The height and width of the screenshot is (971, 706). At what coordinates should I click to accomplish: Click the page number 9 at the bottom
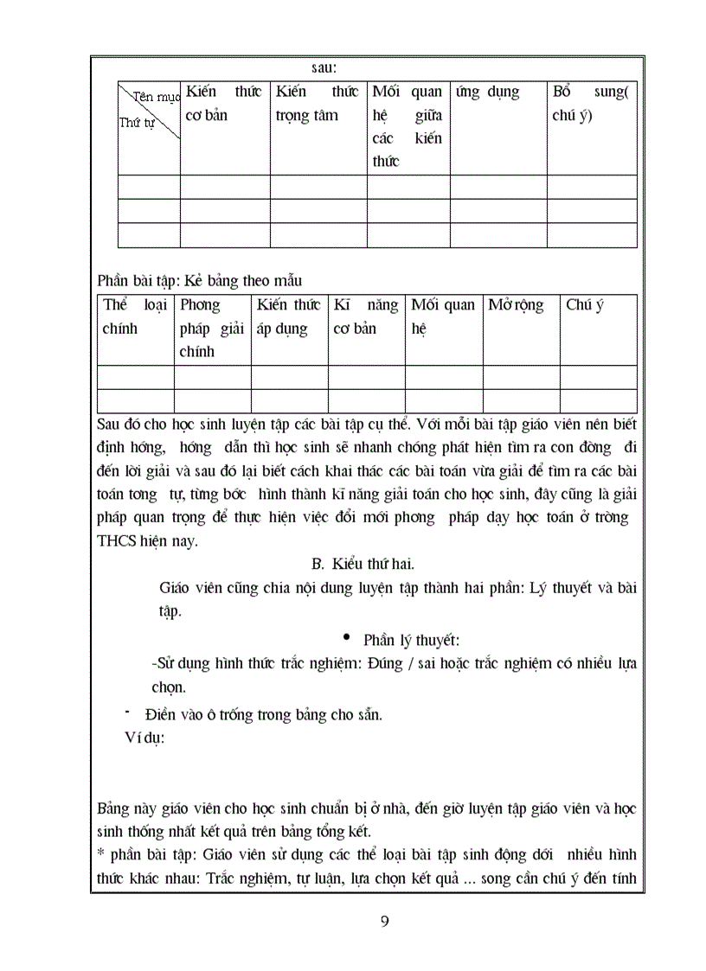click(x=384, y=920)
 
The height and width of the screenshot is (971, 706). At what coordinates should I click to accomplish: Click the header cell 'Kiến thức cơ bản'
click(x=224, y=104)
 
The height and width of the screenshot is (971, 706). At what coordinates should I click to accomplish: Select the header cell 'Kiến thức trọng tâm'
click(x=318, y=104)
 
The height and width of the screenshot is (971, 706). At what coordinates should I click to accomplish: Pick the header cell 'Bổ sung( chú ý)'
click(x=591, y=104)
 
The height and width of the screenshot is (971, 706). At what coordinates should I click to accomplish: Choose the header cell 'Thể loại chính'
click(x=135, y=316)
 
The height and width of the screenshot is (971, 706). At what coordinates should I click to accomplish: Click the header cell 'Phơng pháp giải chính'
click(x=212, y=328)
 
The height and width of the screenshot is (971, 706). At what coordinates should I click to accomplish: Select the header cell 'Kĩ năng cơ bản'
click(x=366, y=316)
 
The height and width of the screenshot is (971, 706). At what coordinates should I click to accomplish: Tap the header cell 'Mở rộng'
click(x=517, y=305)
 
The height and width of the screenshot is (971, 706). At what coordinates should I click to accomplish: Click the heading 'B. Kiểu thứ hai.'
click(x=363, y=565)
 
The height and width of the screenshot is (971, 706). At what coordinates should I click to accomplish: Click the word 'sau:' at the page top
click(x=324, y=67)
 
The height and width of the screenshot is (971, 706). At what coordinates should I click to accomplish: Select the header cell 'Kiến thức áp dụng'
click(x=289, y=316)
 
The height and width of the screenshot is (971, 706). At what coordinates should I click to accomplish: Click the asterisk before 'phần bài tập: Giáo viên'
click(x=99, y=854)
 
